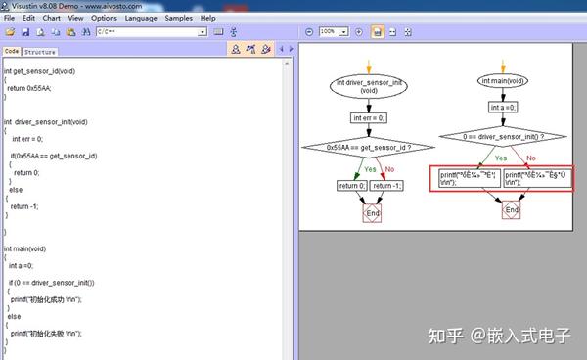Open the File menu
10,18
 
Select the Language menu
141,18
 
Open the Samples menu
179,18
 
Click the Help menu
207,18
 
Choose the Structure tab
40,52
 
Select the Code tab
12,52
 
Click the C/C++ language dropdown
151,32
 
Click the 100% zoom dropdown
333,32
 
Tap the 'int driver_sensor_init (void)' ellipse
369,87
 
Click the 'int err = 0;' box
369,117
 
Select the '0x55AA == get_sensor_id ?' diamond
369,148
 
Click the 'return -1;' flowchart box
386,185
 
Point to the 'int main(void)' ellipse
505,81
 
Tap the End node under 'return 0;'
372,212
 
